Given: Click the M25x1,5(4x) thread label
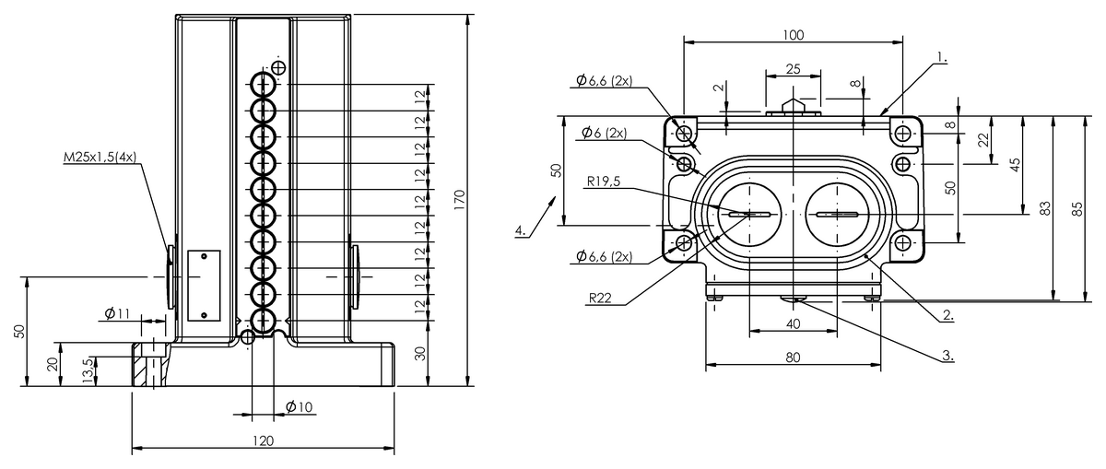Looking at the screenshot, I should [99, 157].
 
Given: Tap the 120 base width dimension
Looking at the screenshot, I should [263, 441].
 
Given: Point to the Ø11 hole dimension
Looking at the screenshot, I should [116, 314].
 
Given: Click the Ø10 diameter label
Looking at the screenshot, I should [300, 406].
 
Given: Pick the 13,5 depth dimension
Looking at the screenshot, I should [88, 370].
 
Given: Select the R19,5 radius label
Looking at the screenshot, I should [603, 182].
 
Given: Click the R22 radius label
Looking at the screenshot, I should [600, 298].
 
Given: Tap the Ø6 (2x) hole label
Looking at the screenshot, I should [604, 134].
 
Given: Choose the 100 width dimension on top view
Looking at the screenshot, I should [793, 35].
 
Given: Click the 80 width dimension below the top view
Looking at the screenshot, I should [793, 357].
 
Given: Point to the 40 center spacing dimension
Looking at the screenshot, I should [793, 323].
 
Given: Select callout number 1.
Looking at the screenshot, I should [941, 57].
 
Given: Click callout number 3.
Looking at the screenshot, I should [947, 354].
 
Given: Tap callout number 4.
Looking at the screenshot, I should [521, 230].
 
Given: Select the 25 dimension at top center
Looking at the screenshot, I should [793, 70].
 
